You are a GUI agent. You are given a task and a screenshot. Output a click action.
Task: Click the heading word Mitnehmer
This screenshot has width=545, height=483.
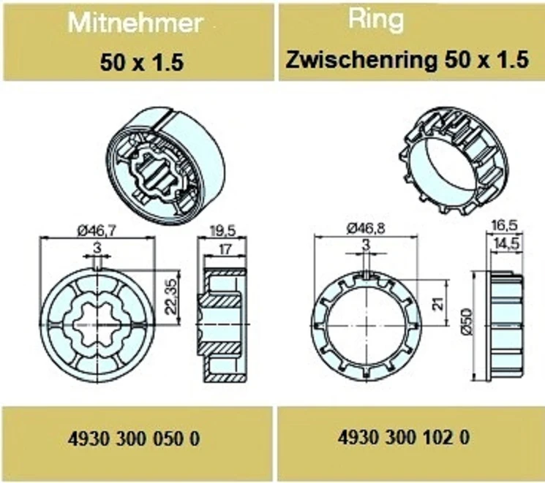(x=135, y=23)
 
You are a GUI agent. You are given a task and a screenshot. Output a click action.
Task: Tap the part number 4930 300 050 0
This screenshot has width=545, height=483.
(x=134, y=438)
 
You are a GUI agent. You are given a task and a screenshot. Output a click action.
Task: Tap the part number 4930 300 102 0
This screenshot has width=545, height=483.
(x=404, y=437)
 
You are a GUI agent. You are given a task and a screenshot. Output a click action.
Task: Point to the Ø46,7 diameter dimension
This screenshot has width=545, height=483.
(x=97, y=231)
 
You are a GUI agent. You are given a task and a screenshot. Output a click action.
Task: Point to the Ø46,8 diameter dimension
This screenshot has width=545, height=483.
(x=365, y=229)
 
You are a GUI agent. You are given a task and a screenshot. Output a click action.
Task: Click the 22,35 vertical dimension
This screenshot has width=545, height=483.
(x=170, y=297)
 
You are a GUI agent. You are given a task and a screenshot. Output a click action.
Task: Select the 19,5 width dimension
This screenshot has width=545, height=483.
(x=222, y=231)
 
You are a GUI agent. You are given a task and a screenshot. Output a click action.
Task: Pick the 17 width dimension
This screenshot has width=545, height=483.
(x=225, y=249)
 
